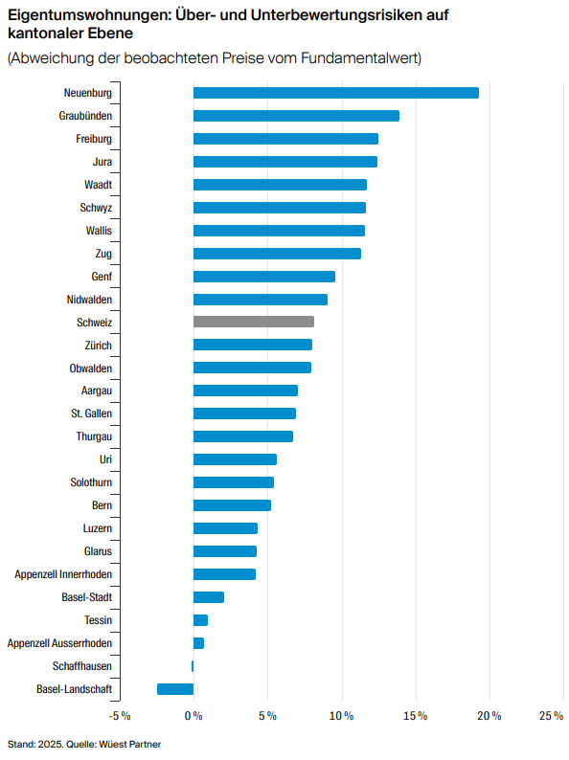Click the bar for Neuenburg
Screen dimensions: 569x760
(x=336, y=93)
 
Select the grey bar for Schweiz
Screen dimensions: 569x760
(x=254, y=322)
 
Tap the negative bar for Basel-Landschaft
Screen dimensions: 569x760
(x=175, y=689)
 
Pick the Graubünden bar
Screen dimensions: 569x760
(x=296, y=116)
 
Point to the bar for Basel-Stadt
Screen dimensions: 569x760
(x=209, y=597)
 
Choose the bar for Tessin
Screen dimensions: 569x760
(x=201, y=620)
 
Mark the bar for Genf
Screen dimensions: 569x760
(x=264, y=277)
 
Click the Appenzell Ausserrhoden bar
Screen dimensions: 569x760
(x=199, y=643)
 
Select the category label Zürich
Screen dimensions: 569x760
(x=98, y=346)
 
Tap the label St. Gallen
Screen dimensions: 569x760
(x=91, y=414)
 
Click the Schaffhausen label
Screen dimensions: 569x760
(x=82, y=666)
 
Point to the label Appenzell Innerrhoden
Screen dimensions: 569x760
(x=63, y=574)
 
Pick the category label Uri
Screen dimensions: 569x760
(x=105, y=459)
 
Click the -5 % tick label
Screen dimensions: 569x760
(x=120, y=716)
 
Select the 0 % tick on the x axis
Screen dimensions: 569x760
(x=193, y=716)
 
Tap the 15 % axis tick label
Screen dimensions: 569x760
(x=415, y=716)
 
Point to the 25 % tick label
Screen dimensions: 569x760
(x=551, y=716)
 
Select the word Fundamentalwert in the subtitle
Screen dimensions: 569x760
(x=359, y=58)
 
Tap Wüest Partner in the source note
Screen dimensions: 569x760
(x=130, y=744)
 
